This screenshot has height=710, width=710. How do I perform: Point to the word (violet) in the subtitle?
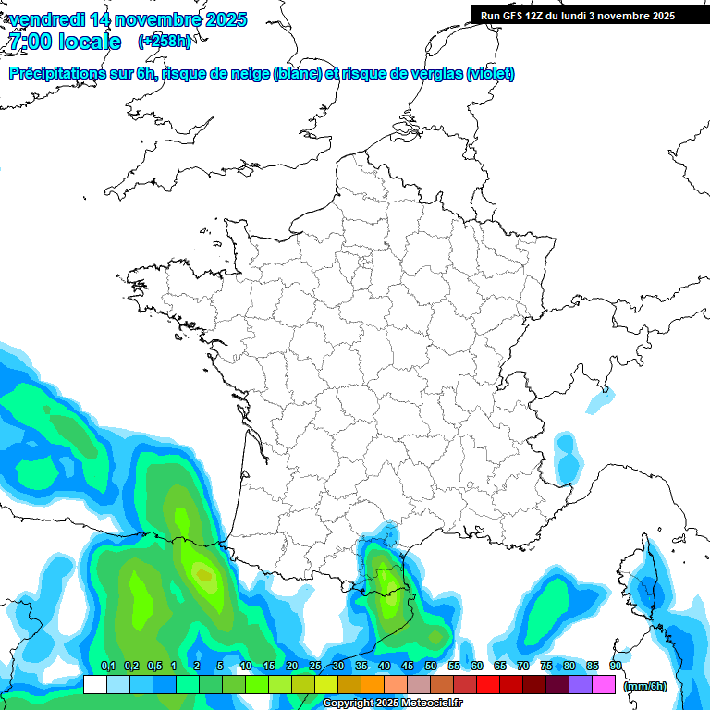pyautogui.click(x=491, y=74)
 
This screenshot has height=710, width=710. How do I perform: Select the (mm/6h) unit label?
pyautogui.click(x=645, y=685)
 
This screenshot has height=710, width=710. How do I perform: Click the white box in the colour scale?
pyautogui.click(x=94, y=685)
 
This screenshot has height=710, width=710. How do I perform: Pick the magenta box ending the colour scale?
pyautogui.click(x=604, y=685)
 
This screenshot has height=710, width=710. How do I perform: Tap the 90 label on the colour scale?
pyautogui.click(x=615, y=666)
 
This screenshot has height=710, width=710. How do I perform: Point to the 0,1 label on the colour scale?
pyautogui.click(x=108, y=666)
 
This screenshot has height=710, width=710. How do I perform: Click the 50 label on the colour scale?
pyautogui.click(x=430, y=666)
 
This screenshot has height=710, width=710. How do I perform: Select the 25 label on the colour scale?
pyautogui.click(x=314, y=666)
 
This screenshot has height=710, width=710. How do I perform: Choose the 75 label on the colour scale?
pyautogui.click(x=545, y=666)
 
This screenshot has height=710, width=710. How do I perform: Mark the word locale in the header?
pyautogui.click(x=90, y=42)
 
